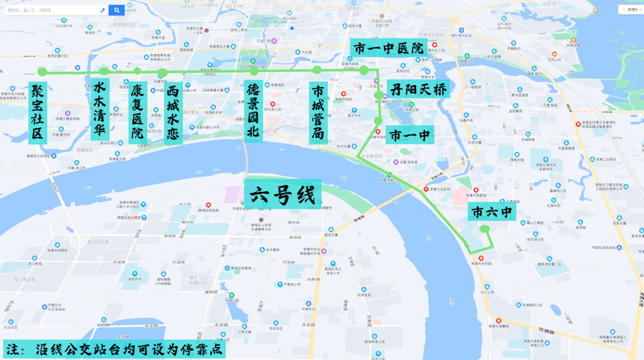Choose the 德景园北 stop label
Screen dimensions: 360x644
(254, 111)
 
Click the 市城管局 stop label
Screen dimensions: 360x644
(318, 111)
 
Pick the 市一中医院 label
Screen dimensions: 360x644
(389, 48)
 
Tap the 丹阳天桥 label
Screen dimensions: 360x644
(418, 90)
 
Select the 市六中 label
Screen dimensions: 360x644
(493, 212)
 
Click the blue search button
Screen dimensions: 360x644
(117, 10)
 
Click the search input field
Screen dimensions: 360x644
(52, 10)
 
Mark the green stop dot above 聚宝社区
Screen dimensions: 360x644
(42, 71)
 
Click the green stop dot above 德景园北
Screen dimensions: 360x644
(254, 71)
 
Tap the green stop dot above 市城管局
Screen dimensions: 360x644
(317, 70)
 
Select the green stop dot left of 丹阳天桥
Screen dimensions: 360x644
(379, 95)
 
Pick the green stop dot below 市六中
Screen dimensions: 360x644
(486, 229)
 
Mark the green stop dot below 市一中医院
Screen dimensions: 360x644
(364, 70)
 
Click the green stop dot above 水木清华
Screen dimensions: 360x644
(104, 71)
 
